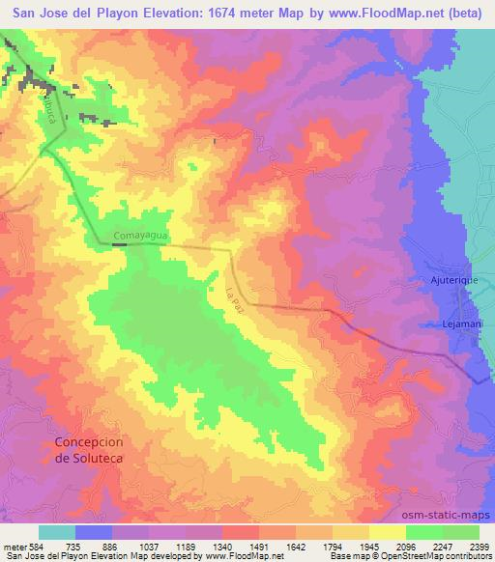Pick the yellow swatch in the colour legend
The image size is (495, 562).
(x=387, y=532)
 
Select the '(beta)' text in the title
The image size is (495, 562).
(x=467, y=13)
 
